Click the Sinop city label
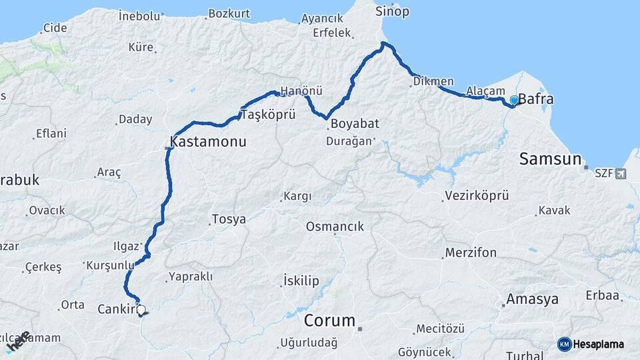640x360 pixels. point(392,11)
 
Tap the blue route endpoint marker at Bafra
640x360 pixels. point(514,101)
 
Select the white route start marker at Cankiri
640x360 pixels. point(141,310)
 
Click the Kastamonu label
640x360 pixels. point(208,142)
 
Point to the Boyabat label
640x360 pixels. point(355,123)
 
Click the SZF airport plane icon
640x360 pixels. point(621,174)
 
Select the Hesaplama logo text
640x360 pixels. point(599,344)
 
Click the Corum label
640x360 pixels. point(329,321)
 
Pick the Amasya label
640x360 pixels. point(532,299)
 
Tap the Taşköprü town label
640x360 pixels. point(267,115)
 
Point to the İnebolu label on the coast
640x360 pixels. point(140,15)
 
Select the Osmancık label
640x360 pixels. point(335,227)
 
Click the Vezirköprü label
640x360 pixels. point(475,196)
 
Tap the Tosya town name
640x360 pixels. point(228,219)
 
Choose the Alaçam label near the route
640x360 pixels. point(481,90)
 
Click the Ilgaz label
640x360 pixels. point(126,245)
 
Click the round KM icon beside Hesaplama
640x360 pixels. point(565,344)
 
